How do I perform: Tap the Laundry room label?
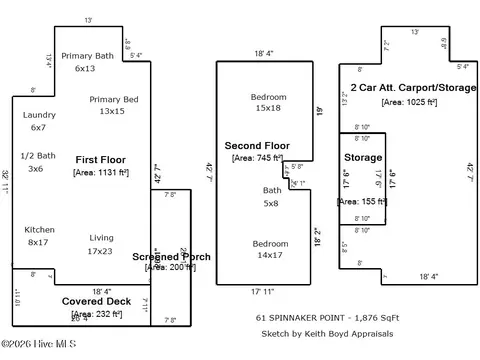point(39,115)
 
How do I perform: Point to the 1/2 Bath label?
point(40,155)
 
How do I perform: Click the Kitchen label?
point(39,229)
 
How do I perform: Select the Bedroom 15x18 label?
point(268,97)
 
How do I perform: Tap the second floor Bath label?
point(269,189)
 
